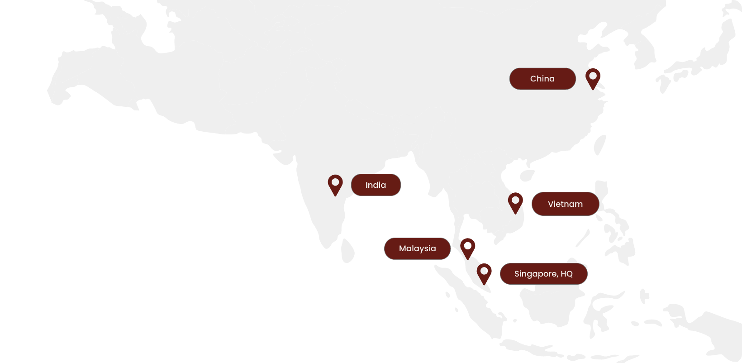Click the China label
[x=542, y=79]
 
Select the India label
[x=376, y=185]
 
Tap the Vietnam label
[x=565, y=204]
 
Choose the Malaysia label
[x=417, y=248]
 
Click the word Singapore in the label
[x=535, y=274]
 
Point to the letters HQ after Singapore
[x=566, y=274]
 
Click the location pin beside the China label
[x=593, y=78]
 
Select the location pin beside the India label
[x=335, y=184]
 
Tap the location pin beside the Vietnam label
[x=515, y=202]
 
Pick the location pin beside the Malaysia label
[x=468, y=248]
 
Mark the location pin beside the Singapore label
[x=484, y=273]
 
